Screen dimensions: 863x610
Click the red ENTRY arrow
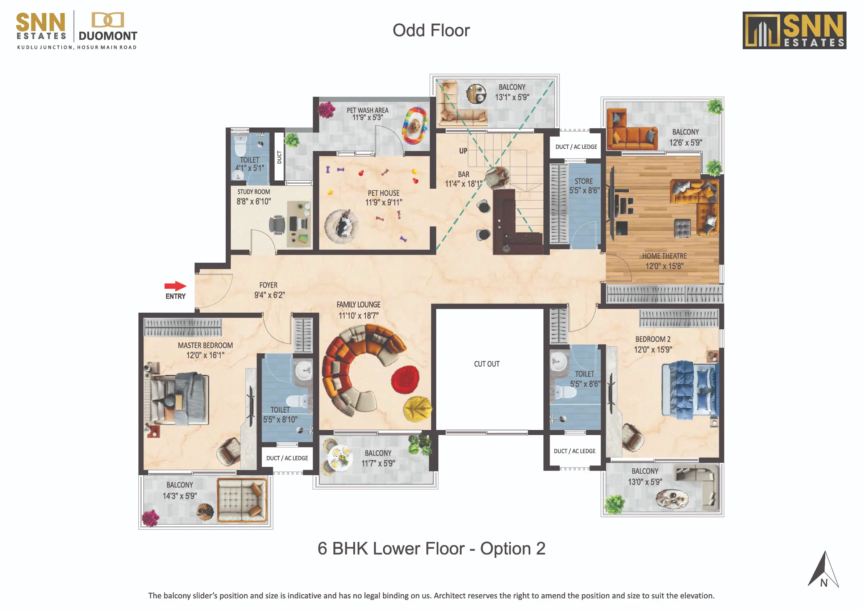(x=175, y=286)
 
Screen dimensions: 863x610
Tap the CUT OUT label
(x=487, y=364)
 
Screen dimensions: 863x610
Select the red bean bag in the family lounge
(x=405, y=379)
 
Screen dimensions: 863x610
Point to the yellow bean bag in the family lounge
(x=417, y=409)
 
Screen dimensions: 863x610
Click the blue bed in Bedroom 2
(x=691, y=390)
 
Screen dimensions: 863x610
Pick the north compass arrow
(x=823, y=569)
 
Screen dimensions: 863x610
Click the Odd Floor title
(x=431, y=30)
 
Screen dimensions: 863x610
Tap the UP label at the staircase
(x=463, y=151)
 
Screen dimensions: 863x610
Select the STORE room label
(x=583, y=181)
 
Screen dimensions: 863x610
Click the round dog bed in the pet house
(x=341, y=226)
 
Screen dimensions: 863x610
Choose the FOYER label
(x=268, y=285)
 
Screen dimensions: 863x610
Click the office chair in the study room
(x=277, y=225)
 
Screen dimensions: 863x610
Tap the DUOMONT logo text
(x=108, y=36)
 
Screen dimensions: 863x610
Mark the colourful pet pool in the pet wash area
(x=415, y=126)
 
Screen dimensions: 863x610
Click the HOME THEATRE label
(x=664, y=256)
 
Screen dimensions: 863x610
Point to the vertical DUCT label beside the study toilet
(x=279, y=157)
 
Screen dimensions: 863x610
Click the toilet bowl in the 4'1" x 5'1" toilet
(x=240, y=145)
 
